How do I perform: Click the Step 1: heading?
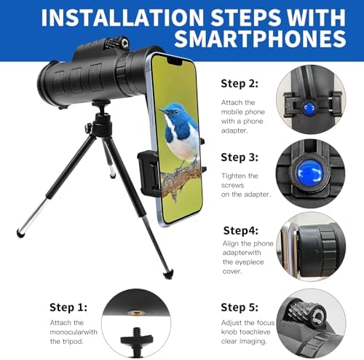click(x=68, y=307)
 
